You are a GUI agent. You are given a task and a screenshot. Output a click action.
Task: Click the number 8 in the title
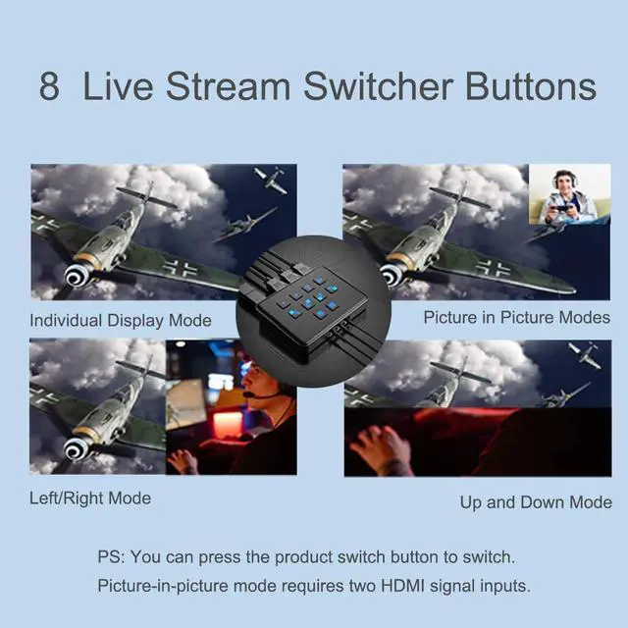click(x=49, y=85)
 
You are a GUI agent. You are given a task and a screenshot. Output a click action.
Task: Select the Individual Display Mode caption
click(x=121, y=320)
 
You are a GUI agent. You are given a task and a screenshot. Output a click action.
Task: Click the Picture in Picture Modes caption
click(x=516, y=317)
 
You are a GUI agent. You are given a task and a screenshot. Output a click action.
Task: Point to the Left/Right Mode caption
click(x=90, y=497)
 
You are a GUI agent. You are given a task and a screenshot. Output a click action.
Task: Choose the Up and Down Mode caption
click(x=536, y=502)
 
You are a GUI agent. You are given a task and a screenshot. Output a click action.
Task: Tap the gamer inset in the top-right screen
click(x=569, y=193)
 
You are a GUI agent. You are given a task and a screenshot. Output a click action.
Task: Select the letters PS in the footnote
click(x=110, y=557)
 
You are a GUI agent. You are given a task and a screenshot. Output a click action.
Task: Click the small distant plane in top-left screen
click(x=269, y=181)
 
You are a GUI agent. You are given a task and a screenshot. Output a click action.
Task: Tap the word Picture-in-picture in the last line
click(x=161, y=587)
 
